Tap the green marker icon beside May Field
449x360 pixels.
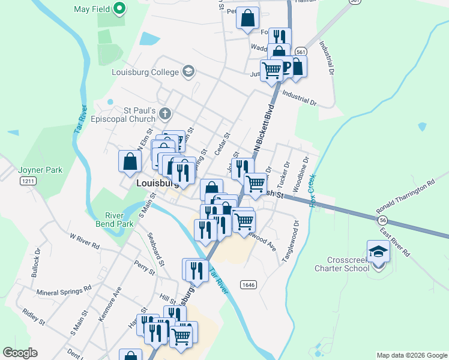click(x=119, y=9)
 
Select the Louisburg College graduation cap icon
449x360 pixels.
click(x=188, y=72)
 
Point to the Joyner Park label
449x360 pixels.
click(x=40, y=170)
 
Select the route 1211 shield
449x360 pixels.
click(x=28, y=181)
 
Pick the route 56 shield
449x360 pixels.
click(x=383, y=220)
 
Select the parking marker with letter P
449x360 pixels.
click(x=286, y=67)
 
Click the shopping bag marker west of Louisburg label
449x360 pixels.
click(x=130, y=161)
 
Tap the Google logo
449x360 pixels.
click(x=20, y=353)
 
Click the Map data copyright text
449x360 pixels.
click(x=411, y=355)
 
